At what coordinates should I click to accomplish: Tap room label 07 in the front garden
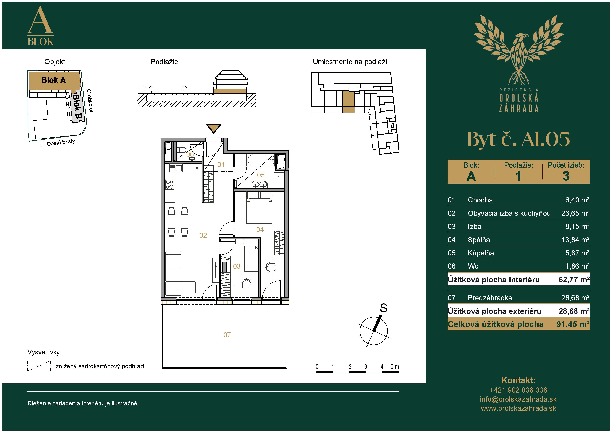pos(227,335)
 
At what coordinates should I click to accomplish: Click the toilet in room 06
pos(182,150)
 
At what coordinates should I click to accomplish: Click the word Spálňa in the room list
pos(479,240)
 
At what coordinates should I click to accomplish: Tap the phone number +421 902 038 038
pos(518,390)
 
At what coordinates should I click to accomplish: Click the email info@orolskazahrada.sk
pos(518,399)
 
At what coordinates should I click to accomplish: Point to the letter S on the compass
pos(384,308)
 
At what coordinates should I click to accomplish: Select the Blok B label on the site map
pos(78,107)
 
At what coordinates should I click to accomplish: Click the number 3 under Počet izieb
pos(566,176)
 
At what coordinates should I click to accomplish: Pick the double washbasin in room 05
pos(259,184)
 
